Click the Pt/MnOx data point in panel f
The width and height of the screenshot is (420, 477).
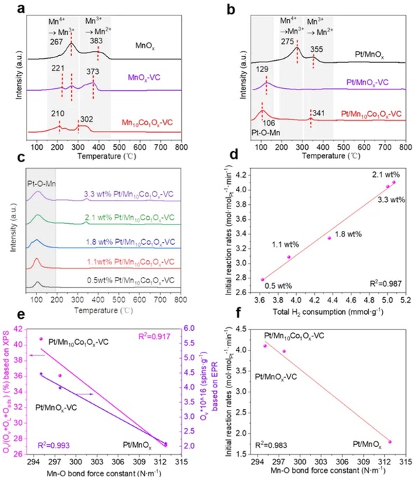tap(389, 441)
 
